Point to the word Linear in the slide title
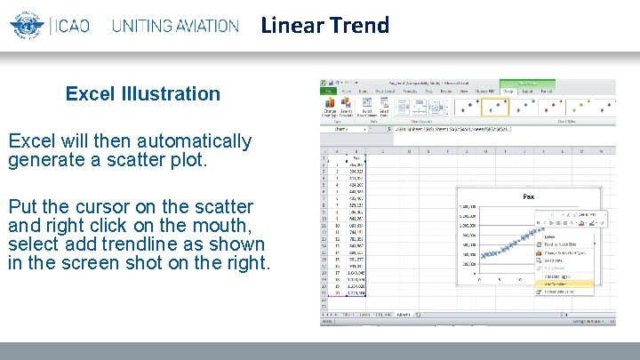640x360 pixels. pos(291,25)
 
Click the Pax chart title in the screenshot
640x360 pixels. pos(528,196)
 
